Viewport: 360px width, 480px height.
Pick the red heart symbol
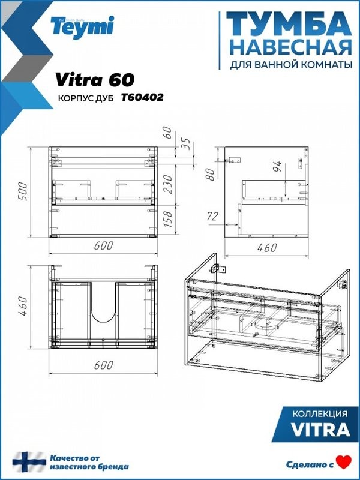(343, 462)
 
